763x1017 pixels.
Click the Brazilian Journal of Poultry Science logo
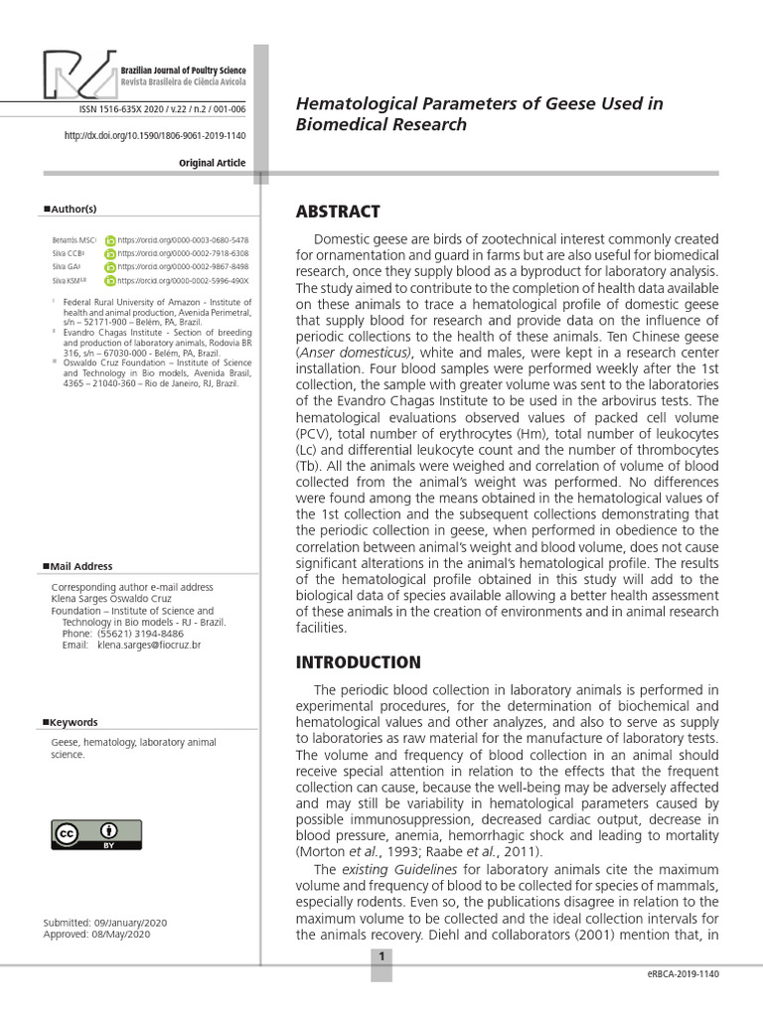coord(144,74)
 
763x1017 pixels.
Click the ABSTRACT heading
coord(338,212)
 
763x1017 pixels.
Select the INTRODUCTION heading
coord(359,662)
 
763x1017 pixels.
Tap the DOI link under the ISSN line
coord(155,136)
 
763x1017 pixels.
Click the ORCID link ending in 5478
coord(183,240)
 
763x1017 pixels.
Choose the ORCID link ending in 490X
coord(183,281)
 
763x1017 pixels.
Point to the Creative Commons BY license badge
coord(82,834)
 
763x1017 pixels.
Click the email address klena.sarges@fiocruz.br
coord(149,645)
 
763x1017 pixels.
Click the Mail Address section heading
coord(80,566)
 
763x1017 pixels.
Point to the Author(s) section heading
coord(71,209)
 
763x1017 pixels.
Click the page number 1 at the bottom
coord(381,957)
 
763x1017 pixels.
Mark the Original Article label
coord(212,163)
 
